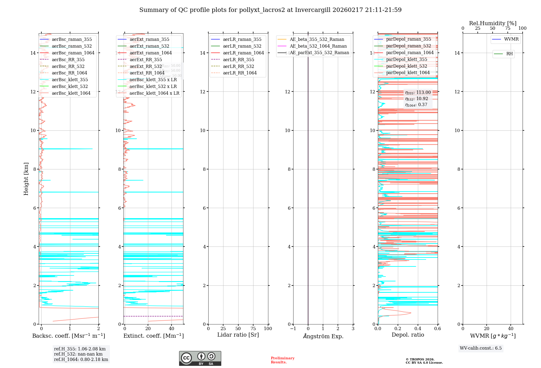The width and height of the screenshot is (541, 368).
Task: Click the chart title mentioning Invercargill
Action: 270,10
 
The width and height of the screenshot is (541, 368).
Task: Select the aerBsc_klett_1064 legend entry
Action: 71,93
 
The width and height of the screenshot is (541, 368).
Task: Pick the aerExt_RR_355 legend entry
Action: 146,60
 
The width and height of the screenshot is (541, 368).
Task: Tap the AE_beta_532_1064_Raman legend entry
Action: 318,46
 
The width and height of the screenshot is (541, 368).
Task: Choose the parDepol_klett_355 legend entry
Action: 407,59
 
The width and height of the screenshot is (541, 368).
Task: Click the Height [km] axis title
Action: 26,179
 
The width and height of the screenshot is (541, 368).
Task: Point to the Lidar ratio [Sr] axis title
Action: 238,335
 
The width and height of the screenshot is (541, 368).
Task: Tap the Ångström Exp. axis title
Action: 323,336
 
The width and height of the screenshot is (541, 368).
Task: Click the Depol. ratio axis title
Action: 408,335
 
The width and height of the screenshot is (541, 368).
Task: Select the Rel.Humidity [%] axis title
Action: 493,23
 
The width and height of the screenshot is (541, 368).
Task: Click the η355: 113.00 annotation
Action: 418,93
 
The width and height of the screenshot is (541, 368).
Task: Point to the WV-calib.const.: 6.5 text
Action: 481,348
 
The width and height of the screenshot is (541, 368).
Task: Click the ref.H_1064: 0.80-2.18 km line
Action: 81,360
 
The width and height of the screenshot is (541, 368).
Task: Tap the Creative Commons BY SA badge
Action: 200,358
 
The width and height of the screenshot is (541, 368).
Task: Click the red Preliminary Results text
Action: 282,360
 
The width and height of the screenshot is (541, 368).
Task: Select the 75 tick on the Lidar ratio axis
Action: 253,328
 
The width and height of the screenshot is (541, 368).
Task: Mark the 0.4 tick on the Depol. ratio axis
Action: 418,328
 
